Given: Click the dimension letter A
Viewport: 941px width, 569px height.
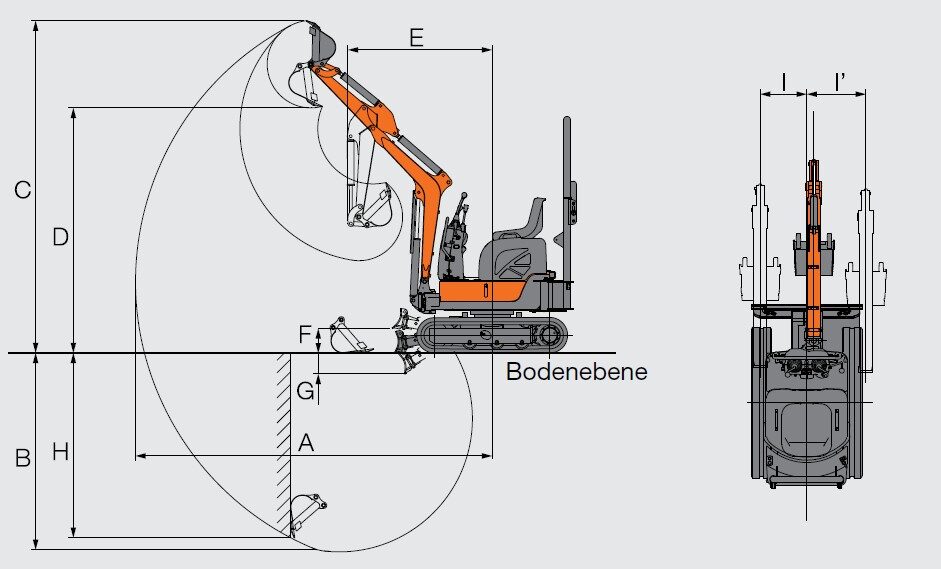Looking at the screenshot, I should tap(306, 442).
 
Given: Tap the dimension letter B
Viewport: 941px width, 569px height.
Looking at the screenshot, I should tap(22, 458).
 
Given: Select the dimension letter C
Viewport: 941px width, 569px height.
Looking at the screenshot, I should tap(22, 188).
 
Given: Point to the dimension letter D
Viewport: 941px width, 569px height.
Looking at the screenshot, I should tap(60, 237).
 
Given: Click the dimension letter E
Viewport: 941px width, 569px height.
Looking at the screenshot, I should tap(417, 38).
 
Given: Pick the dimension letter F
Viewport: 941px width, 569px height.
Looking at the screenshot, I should tap(305, 334).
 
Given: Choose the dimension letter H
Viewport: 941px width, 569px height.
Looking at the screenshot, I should tap(60, 452).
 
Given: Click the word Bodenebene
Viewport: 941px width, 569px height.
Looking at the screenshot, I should tap(576, 372).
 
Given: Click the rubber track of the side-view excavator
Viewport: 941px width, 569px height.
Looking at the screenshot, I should tap(490, 335).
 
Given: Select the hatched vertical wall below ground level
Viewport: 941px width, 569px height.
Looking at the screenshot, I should tap(283, 445).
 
